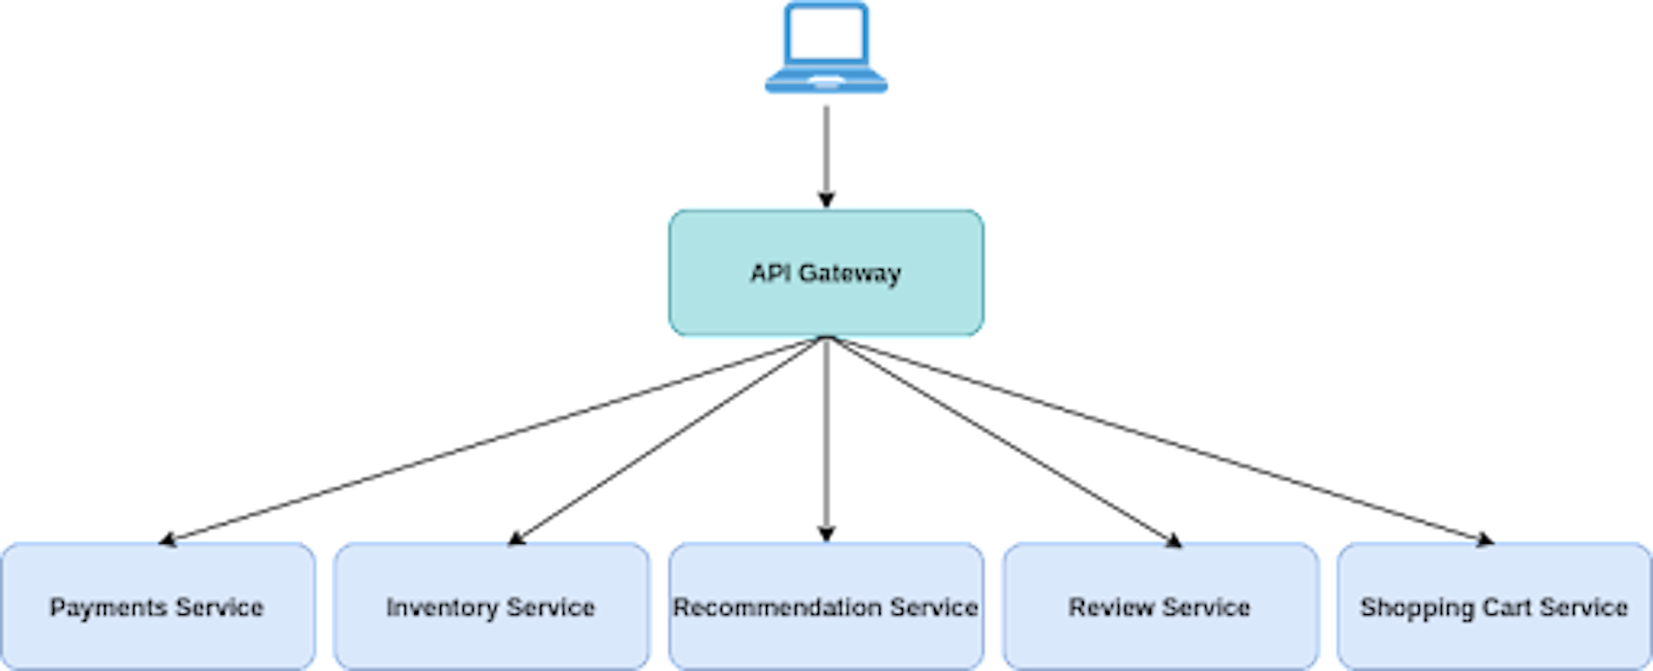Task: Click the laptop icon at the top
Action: (826, 47)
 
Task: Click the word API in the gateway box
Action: (771, 274)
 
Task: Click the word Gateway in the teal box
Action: (850, 274)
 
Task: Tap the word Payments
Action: (108, 607)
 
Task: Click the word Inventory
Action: (442, 607)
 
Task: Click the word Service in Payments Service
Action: (220, 607)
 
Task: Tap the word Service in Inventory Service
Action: (551, 607)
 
